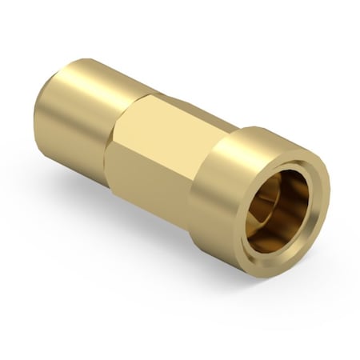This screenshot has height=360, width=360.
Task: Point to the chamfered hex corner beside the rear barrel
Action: point(120,112)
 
